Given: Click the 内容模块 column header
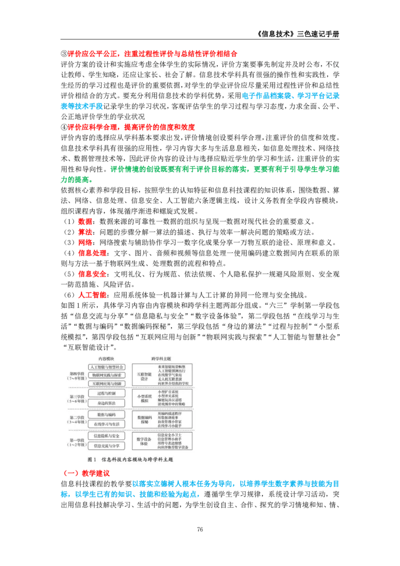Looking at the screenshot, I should click(106, 359).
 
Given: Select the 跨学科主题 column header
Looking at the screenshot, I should click(161, 359).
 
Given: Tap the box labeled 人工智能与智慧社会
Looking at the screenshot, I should click(106, 367).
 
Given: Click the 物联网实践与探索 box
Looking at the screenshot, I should click(106, 375).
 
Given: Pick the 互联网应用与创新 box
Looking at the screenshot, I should click(106, 383).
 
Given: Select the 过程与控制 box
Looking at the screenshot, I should click(106, 394).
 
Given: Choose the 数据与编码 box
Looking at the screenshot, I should click(106, 415).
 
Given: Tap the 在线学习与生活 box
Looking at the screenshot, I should click(106, 424).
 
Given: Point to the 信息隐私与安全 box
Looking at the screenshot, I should click(106, 436).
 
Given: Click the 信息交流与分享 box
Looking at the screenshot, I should click(106, 445).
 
